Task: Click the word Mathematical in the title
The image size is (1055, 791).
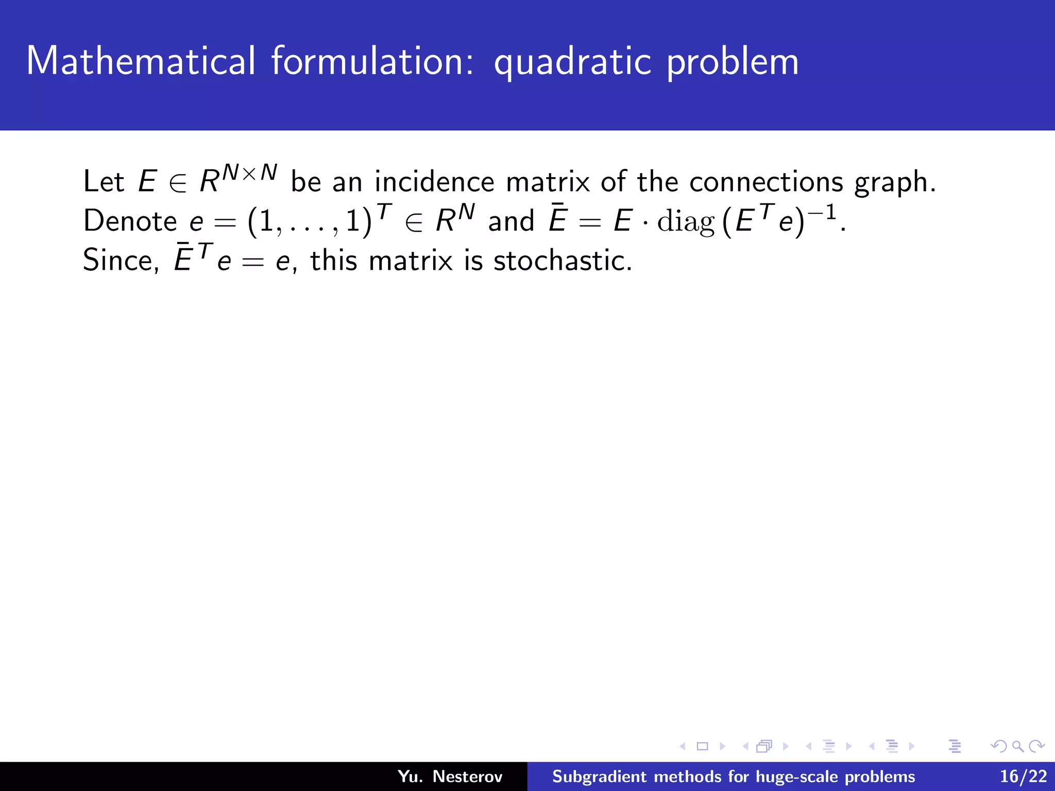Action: [141, 61]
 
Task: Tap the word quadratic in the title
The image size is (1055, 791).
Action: [572, 62]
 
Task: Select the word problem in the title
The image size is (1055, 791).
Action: [732, 62]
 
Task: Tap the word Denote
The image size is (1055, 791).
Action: [130, 221]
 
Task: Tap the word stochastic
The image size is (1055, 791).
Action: [561, 261]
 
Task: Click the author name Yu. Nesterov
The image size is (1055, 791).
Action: [450, 777]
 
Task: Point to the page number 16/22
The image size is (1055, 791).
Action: [1023, 777]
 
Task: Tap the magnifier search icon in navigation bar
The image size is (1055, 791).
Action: [1017, 746]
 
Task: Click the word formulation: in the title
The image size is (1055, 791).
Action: [372, 61]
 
